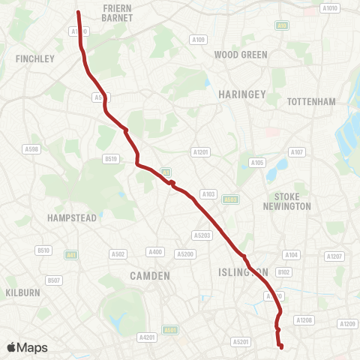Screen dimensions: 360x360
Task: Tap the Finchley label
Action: coord(34,58)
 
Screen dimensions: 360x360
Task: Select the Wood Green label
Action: coord(241,55)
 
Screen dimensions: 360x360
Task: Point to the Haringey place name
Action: coord(242,94)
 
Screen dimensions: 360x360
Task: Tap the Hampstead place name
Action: coord(72,217)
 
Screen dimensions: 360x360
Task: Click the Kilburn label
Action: coord(22,292)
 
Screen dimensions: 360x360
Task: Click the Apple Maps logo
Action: coord(27,347)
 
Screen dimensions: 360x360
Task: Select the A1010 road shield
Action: coord(329,8)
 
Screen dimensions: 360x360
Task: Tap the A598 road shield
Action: coord(31,149)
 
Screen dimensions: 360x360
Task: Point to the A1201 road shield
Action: coord(201,151)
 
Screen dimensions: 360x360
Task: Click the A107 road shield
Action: coord(297,153)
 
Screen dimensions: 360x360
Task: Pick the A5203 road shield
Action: coord(202,235)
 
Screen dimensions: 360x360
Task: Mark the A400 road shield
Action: coord(156,252)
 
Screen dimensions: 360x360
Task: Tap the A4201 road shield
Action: coord(146,337)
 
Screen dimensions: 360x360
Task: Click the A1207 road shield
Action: coord(334,256)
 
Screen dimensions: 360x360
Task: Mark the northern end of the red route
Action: coord(78,12)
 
